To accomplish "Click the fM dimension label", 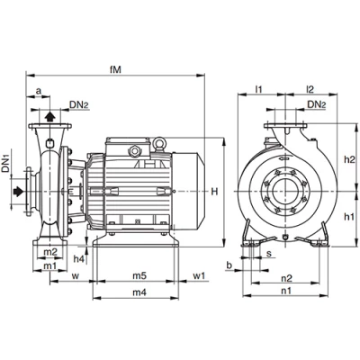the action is coord(115,69).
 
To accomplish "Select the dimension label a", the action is coord(39,91).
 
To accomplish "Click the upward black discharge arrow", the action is coord(50,116).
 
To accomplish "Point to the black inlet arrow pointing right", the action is coord(18,191).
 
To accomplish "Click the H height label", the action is coord(214,192).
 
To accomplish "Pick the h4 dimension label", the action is coord(78,259).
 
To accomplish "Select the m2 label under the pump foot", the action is coord(50,252).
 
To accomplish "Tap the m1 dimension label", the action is coord(50,265).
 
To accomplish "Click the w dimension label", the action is coord(76,276).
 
